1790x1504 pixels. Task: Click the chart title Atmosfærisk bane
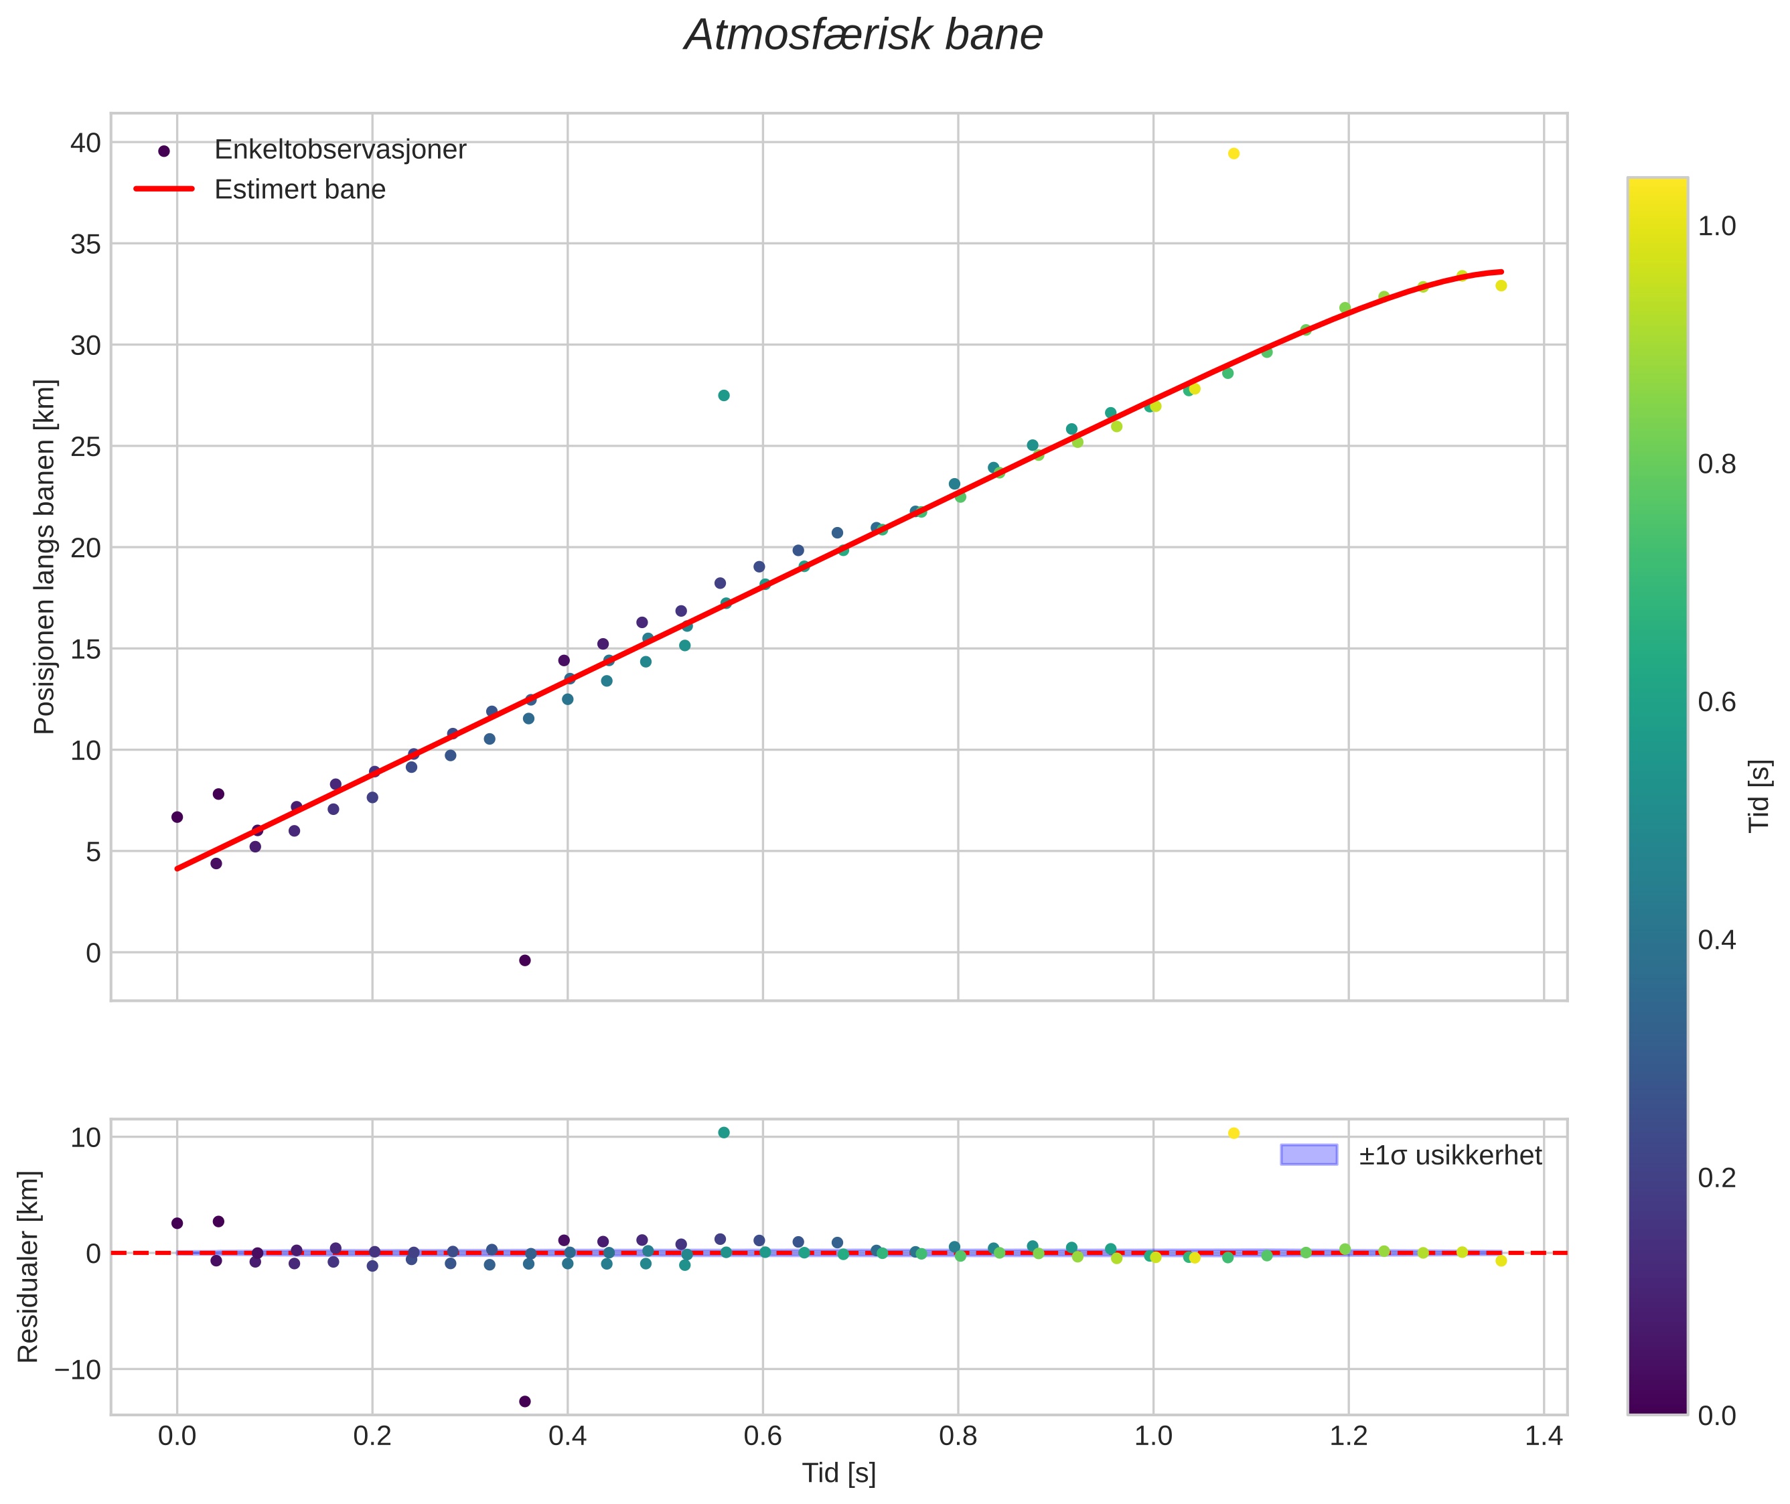coord(863,35)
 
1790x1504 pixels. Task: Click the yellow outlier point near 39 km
coord(1233,153)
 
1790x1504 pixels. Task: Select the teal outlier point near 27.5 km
coord(723,396)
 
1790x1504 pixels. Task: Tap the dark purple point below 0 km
coord(524,960)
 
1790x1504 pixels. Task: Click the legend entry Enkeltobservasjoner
coord(340,150)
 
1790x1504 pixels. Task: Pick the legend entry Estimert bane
coord(299,190)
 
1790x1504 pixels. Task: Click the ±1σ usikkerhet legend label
coord(1450,1155)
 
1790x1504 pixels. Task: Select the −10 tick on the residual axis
coord(78,1370)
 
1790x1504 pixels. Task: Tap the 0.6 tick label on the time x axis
coord(762,1436)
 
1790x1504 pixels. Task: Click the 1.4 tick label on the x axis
coord(1544,1436)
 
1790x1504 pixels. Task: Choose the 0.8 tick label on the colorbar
coord(1716,464)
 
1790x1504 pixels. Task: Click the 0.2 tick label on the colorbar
coord(1716,1177)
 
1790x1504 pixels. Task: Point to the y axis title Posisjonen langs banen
coord(44,556)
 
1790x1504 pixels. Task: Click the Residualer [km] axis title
coord(28,1267)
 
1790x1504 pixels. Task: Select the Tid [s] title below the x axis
coord(838,1473)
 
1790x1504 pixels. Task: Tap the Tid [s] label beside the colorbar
coord(1759,796)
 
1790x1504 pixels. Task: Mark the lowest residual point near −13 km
coord(524,1402)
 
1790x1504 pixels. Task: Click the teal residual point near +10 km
coord(723,1132)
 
